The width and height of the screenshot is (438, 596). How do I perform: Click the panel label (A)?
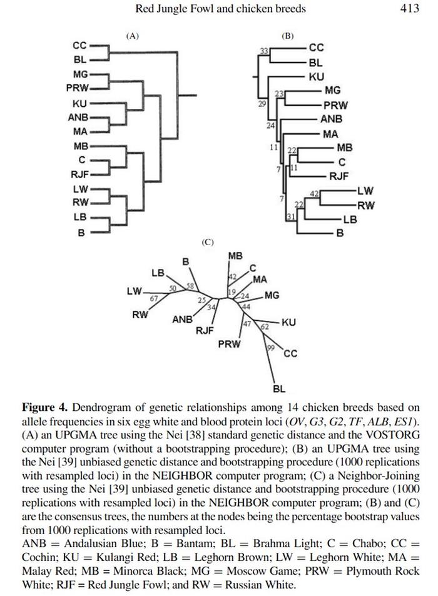tap(132, 36)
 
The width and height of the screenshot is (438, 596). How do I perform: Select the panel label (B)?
tap(287, 36)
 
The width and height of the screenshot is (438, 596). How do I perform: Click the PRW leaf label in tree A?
tap(78, 88)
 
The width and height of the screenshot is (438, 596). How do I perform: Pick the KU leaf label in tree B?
tap(317, 77)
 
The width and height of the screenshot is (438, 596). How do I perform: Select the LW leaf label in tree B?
tap(365, 190)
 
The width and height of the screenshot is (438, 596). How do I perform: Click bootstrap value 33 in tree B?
tap(264, 51)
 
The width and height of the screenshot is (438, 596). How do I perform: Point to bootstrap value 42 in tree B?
tap(315, 194)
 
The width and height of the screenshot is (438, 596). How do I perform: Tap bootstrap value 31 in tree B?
tap(290, 217)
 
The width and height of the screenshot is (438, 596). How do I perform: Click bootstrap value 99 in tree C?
tap(271, 348)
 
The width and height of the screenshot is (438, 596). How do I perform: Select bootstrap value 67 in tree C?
tap(153, 298)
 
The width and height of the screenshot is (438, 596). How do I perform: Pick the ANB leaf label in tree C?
tap(182, 320)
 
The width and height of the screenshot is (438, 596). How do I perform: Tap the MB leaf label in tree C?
tap(235, 256)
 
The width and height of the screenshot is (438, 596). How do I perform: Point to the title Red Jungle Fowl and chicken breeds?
tap(221, 9)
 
